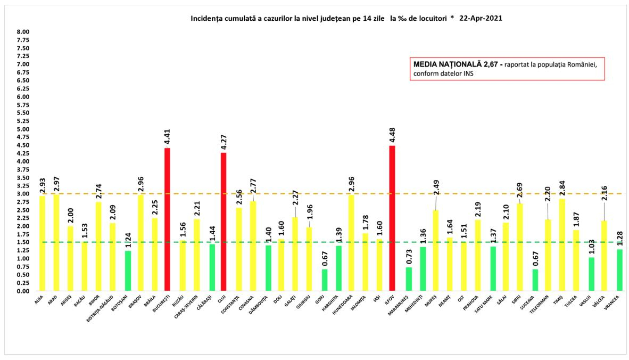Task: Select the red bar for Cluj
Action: click(224, 222)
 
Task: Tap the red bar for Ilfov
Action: click(393, 218)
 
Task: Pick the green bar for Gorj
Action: click(325, 280)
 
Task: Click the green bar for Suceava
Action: click(535, 280)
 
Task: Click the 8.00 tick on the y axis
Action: click(23, 32)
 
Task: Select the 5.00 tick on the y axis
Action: click(23, 129)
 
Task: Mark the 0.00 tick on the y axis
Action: click(23, 291)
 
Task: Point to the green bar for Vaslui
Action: click(592, 274)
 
